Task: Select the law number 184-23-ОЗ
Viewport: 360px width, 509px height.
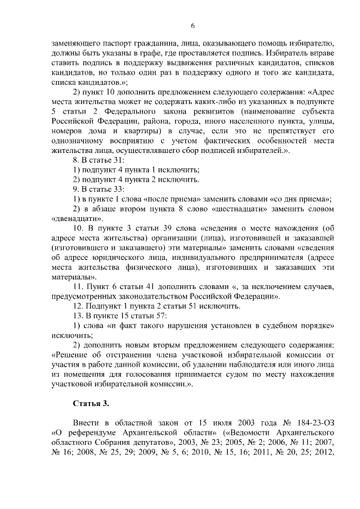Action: pyautogui.click(x=316, y=422)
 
